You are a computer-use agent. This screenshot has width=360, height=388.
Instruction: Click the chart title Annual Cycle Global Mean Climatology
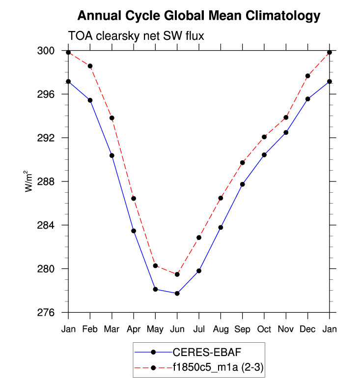[x=199, y=16]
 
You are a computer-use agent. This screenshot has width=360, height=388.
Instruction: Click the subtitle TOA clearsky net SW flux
[x=136, y=36]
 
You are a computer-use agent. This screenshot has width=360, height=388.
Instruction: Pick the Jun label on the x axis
[x=177, y=328]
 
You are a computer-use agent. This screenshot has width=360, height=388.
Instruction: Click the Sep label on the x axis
[x=242, y=328]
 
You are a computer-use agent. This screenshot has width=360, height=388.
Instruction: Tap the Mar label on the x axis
[x=112, y=328]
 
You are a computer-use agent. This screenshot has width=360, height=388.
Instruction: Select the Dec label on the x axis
[x=307, y=328]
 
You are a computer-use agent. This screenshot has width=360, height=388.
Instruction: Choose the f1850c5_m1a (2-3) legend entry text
[x=218, y=367]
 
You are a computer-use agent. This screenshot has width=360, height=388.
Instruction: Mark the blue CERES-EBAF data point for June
[x=177, y=294]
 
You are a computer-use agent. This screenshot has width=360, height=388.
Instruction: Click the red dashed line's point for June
[x=177, y=274]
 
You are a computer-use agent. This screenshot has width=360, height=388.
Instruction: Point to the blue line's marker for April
[x=134, y=231]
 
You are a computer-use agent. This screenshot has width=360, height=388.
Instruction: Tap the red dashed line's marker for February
[x=90, y=66]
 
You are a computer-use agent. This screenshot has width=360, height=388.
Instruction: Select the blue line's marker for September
[x=242, y=184]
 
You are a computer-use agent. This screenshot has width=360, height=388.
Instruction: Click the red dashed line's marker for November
[x=286, y=118]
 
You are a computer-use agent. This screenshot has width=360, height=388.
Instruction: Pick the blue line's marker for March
[x=112, y=155]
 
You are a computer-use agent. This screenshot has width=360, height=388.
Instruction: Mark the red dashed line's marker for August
[x=221, y=198]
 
